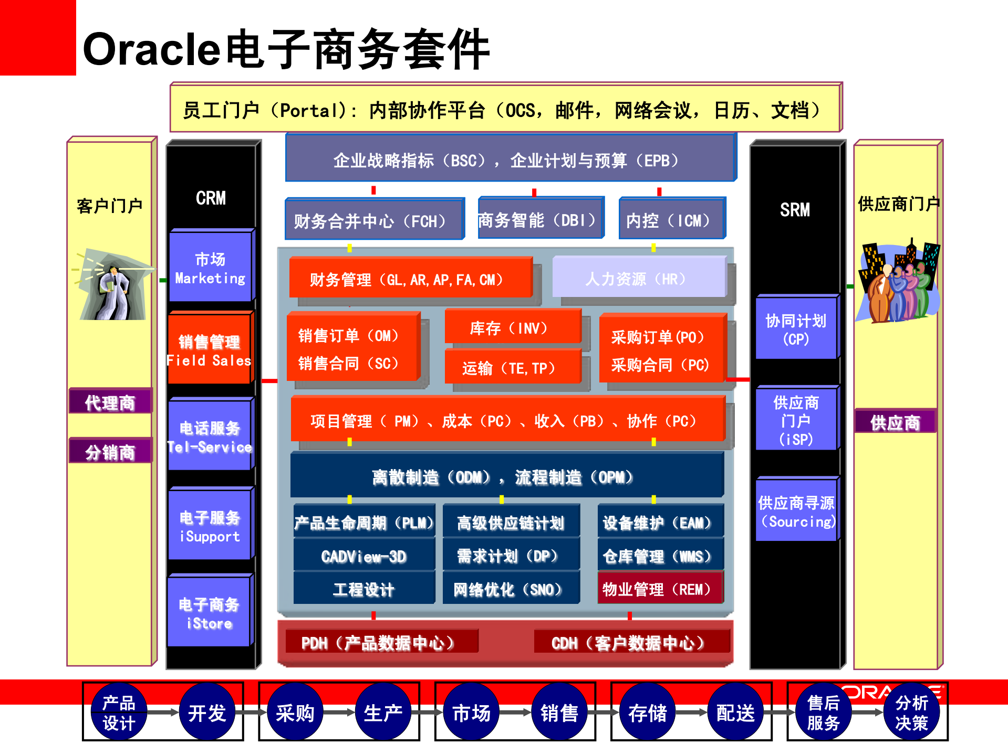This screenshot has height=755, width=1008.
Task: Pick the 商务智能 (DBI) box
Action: pyautogui.click(x=538, y=220)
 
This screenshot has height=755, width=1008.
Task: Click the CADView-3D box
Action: pyautogui.click(x=363, y=556)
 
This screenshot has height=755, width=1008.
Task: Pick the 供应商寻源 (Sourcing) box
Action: pyautogui.click(x=795, y=512)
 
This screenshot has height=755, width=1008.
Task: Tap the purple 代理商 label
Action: pyautogui.click(x=110, y=402)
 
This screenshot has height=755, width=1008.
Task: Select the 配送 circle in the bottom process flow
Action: pyautogui.click(x=735, y=712)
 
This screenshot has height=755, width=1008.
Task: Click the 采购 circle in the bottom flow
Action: pyautogui.click(x=295, y=712)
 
